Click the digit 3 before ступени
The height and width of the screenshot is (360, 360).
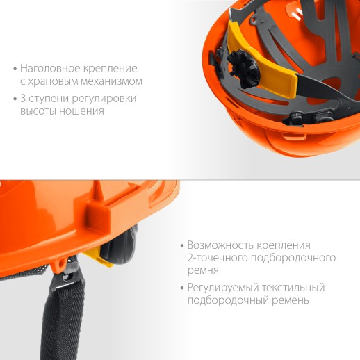click(24, 99)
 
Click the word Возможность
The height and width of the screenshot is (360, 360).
click(220, 245)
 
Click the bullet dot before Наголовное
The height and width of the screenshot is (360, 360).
click(15, 69)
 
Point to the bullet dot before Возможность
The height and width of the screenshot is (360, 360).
click(181, 246)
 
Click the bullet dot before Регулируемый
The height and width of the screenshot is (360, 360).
click(181, 288)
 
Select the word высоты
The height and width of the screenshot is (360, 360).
click(38, 111)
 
